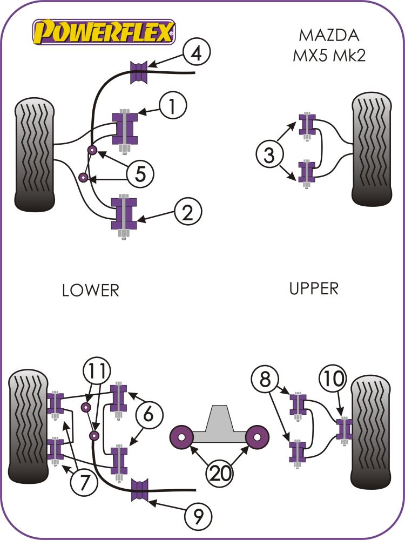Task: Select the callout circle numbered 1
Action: [172, 106]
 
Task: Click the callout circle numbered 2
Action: [187, 212]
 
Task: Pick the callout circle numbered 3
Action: [268, 156]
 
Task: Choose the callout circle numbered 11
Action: [98, 371]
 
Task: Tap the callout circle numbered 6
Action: [151, 415]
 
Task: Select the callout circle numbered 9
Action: [197, 517]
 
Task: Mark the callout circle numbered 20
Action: [219, 473]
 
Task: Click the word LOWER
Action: [90, 290]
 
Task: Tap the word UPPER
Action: [314, 288]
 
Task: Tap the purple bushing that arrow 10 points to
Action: [344, 428]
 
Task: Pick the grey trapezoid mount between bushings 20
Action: [219, 424]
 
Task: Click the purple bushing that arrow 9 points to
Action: [140, 490]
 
